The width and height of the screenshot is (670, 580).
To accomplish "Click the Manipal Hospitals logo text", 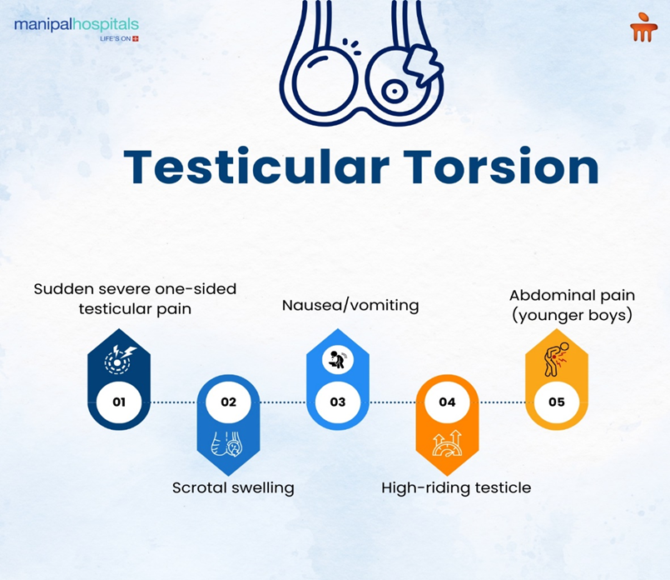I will (x=76, y=26).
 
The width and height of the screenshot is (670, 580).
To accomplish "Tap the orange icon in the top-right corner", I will (x=643, y=29).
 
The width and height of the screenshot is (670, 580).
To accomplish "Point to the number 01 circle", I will (x=118, y=402).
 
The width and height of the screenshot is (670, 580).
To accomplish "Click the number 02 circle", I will (x=228, y=402).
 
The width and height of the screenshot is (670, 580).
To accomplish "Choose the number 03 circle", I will (x=337, y=402).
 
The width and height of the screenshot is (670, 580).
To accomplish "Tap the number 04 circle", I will (x=447, y=402).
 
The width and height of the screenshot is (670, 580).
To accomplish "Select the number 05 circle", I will (x=556, y=402).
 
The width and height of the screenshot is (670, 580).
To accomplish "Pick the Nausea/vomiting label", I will (x=350, y=305).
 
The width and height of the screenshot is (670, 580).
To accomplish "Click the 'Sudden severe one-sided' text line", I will (x=135, y=288).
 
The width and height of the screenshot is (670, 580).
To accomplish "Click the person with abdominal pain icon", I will (x=557, y=357).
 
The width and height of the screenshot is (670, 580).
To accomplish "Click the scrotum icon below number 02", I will (x=228, y=444).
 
